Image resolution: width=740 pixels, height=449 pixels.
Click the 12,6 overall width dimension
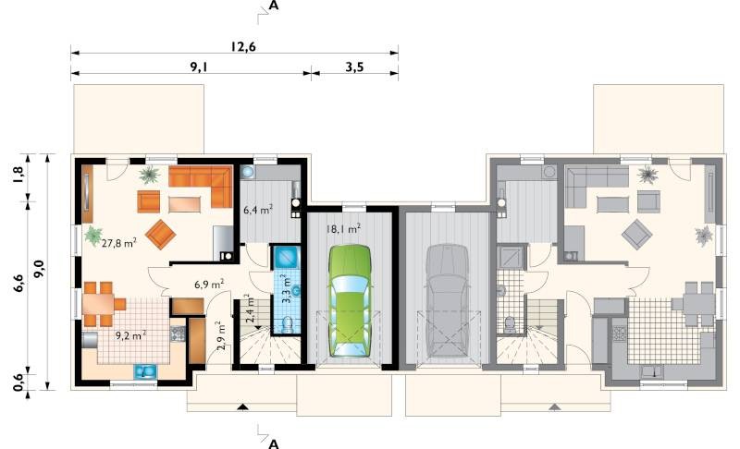[x=243, y=46]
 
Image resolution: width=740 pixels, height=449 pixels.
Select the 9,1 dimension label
[x=199, y=67]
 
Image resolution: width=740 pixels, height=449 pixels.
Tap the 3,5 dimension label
[x=354, y=67]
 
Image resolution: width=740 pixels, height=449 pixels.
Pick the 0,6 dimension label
[x=18, y=382]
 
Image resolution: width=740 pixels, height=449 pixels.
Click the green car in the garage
[x=350, y=300]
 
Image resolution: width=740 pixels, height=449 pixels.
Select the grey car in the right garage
[x=448, y=300]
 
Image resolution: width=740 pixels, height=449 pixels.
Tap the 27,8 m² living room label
[x=119, y=243]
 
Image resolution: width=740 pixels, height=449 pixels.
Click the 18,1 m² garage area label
[x=343, y=229]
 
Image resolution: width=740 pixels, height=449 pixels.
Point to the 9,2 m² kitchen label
[x=130, y=335]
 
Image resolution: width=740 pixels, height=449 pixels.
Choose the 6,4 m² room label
[x=258, y=210]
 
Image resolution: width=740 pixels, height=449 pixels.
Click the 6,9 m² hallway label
[x=209, y=285]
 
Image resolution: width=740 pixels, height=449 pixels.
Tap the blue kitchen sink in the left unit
[x=146, y=371]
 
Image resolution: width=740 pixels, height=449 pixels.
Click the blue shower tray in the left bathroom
[x=286, y=257]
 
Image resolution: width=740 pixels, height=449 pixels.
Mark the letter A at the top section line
[x=273, y=6]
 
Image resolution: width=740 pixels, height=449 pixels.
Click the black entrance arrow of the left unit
[x=242, y=407]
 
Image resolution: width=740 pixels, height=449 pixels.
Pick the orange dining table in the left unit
[x=98, y=304]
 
